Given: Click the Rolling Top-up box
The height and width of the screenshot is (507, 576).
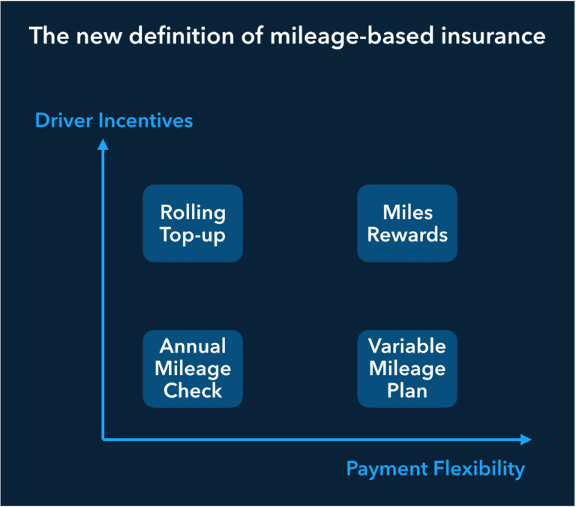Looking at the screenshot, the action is [193, 223].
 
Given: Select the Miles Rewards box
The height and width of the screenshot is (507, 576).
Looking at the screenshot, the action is [407, 223].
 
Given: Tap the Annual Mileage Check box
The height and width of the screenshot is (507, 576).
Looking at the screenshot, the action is [193, 369].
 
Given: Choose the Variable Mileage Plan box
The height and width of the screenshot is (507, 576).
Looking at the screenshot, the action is [407, 369].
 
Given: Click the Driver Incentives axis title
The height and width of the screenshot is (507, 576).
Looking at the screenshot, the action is [114, 121].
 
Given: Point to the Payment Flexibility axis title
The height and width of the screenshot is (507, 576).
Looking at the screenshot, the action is [436, 469].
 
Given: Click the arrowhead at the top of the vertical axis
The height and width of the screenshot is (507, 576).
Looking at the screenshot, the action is [103, 144].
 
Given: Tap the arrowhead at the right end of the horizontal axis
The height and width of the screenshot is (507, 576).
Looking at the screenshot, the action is [526, 439].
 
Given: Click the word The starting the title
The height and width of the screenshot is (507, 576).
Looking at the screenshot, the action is [49, 36].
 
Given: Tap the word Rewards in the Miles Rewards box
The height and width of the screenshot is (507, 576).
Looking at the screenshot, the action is [407, 235].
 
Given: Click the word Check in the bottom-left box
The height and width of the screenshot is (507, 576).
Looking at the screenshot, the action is [193, 391].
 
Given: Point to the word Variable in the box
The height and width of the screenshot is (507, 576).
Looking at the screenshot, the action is [407, 346].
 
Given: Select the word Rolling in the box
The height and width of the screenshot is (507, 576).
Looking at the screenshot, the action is [193, 214].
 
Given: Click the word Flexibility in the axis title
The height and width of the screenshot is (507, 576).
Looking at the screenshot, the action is [479, 469].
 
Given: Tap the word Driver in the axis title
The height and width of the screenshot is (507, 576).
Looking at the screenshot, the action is [64, 121].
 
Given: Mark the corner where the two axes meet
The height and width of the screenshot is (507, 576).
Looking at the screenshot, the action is [103, 439].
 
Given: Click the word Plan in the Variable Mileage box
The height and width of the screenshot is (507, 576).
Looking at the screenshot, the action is [407, 391].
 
